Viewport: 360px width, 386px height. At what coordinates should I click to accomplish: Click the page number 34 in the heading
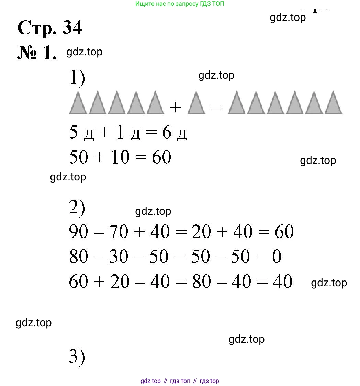pos(72,27)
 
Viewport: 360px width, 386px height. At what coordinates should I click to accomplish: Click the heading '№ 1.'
pos(37,53)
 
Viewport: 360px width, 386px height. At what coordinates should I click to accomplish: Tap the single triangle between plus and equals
pos(196,102)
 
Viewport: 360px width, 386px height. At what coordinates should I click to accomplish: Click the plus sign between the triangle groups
pos(176,108)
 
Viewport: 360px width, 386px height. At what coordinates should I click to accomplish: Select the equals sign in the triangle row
pos(216,107)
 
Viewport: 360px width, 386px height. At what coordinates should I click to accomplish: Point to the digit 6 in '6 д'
pos(167,132)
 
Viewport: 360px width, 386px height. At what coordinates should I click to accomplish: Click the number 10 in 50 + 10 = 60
pos(120,157)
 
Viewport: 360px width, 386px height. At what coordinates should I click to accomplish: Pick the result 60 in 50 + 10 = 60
pos(161,157)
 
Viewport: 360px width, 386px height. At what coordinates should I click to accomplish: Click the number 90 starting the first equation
pos(78,232)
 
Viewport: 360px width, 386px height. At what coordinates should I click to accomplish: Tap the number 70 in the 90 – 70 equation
pos(119,232)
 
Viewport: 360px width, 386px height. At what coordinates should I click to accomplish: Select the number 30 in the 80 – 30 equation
pos(119,256)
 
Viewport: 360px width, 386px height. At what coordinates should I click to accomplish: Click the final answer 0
pos(277,256)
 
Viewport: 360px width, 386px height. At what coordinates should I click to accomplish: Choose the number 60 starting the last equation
pos(78,281)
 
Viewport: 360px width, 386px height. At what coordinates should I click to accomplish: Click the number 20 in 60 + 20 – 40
pos(120,281)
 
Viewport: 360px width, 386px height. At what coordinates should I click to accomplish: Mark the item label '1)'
pos(77,78)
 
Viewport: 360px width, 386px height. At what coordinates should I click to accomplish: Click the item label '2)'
pos(77,208)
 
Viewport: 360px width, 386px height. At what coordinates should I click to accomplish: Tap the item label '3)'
pos(77,356)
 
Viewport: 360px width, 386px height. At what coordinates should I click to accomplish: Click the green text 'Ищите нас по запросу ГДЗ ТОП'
pos(180,4)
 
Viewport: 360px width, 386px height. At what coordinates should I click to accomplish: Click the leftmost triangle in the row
pos(78,102)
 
